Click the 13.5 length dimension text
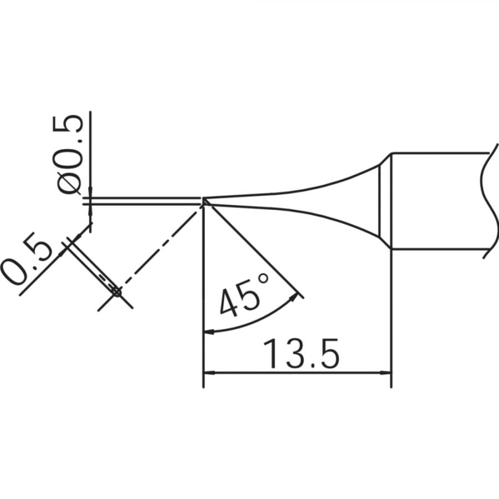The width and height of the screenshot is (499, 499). (x=301, y=354)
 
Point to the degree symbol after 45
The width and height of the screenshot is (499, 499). (x=263, y=278)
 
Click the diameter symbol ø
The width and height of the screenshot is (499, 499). (x=68, y=182)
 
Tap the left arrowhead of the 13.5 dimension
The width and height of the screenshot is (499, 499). (x=209, y=373)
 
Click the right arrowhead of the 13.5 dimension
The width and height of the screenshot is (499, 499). (x=385, y=373)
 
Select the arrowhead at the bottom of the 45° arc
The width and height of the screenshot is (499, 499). (x=209, y=332)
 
